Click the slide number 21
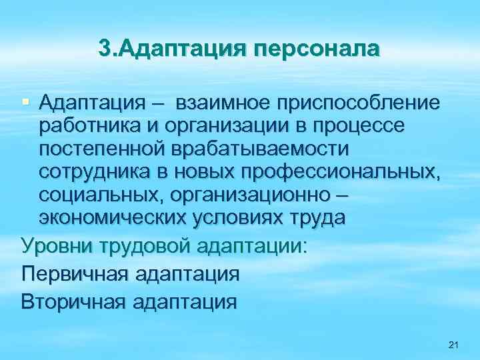(x=454, y=345)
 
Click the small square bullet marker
(x=26, y=101)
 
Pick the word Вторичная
(x=73, y=301)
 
